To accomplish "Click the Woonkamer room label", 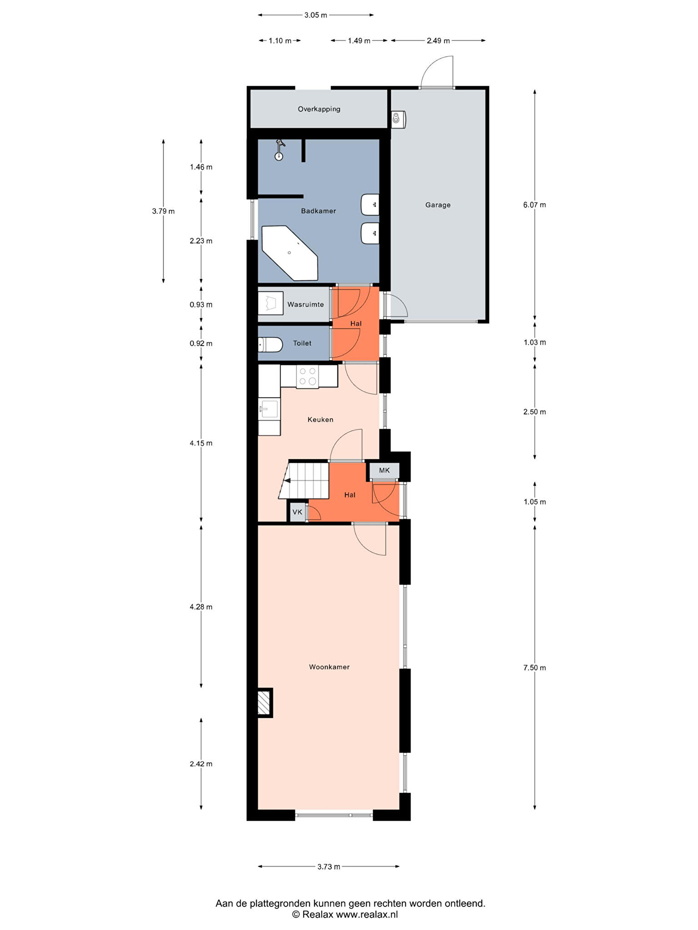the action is click(x=329, y=667).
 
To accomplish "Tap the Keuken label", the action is click(x=320, y=420).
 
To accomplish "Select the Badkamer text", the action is click(x=319, y=211).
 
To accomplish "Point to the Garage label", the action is click(x=438, y=205).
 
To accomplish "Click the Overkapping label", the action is click(x=319, y=109).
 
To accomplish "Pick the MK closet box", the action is click(x=384, y=470).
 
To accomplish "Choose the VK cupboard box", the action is click(x=298, y=512).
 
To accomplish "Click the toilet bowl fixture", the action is click(x=270, y=345).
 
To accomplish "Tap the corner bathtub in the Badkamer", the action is click(x=289, y=252).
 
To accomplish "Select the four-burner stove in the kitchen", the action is click(x=308, y=376).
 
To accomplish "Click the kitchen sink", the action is click(x=269, y=409).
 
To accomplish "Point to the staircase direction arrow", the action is click(x=287, y=480).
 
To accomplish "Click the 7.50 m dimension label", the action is click(x=534, y=668).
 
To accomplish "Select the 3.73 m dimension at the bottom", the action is click(x=329, y=866).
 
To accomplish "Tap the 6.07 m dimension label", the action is click(x=534, y=205).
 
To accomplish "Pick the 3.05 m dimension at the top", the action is click(x=316, y=15).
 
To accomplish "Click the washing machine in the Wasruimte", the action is click(x=270, y=303).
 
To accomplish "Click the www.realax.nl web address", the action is click(x=367, y=915).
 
